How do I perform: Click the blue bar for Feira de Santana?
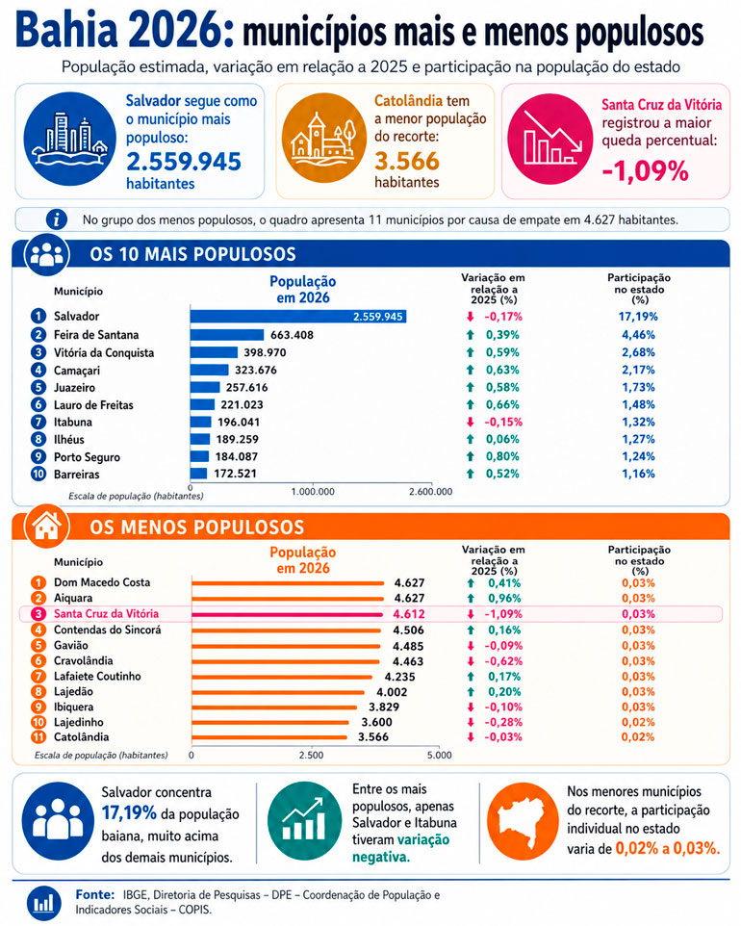227,335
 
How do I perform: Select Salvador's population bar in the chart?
298,317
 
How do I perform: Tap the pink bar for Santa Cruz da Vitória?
288,614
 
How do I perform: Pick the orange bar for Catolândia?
269,737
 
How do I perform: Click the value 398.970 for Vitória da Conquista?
265,352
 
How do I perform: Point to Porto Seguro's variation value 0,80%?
502,456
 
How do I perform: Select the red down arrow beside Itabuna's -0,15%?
470,423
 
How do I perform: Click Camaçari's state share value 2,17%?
638,371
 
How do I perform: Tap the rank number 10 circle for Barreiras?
38,475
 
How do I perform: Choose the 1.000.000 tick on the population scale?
313,491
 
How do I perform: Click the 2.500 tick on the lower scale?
311,755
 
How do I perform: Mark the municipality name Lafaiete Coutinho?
97,676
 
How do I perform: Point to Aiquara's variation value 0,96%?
504,598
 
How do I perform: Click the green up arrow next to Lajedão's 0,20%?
471,691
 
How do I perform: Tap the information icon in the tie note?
57,219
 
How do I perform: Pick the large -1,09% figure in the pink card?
646,171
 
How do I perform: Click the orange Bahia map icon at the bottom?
522,821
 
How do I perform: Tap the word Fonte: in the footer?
95,894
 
